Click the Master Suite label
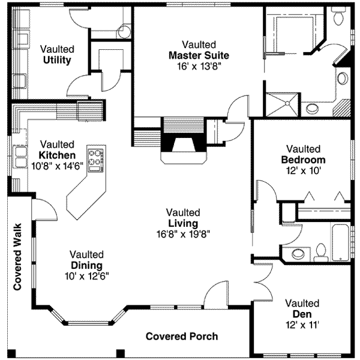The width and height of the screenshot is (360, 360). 199,56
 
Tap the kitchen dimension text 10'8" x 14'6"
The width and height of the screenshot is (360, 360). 57,166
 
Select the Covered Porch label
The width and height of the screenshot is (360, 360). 182,337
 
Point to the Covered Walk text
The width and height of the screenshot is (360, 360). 17,257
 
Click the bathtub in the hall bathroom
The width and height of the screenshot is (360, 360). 340,242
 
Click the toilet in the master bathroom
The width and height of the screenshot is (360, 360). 338,16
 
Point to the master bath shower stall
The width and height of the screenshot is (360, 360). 283,104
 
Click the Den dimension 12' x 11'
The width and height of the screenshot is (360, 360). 302,325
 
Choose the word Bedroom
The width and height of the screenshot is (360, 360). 303,160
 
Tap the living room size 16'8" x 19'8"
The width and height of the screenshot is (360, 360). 183,234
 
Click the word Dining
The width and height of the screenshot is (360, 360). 87,266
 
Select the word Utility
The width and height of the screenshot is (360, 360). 57,60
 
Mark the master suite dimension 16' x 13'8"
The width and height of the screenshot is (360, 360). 199,67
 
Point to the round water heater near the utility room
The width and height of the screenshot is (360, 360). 124,31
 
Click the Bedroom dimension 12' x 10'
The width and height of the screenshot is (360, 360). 303,171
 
